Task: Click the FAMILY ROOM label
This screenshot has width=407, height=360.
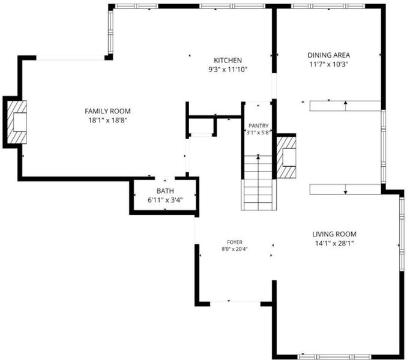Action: point(107,111)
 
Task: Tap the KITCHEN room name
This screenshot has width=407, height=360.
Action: point(228,61)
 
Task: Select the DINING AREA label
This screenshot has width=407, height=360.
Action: point(329,55)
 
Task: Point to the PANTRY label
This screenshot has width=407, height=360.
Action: point(259,126)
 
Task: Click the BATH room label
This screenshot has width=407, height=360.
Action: point(165,191)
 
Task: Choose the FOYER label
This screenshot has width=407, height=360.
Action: point(235,242)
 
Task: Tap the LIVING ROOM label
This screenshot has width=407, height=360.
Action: point(334,234)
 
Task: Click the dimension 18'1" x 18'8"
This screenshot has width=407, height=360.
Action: point(107,121)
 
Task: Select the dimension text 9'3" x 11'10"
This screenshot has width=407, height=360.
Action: point(228,70)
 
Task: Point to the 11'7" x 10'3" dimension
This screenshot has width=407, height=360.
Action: point(329,64)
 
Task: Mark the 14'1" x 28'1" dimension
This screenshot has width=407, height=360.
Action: point(334,244)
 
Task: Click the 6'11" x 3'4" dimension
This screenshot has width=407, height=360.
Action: point(165,200)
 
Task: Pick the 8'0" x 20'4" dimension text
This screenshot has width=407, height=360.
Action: point(235,249)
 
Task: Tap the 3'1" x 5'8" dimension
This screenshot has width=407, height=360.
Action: point(259,132)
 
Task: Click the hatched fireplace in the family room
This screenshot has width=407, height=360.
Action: point(17,122)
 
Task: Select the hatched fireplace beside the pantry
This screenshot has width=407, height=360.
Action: point(286,157)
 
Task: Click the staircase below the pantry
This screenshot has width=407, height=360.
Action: point(259,183)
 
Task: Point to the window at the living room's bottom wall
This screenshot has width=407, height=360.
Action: point(334,357)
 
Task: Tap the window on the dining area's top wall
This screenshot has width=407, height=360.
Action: point(328,6)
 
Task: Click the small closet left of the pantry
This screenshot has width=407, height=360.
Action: point(202,127)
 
